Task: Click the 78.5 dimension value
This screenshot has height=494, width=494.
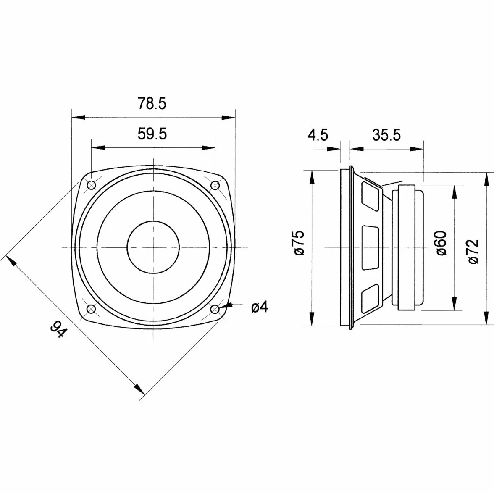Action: tap(152, 103)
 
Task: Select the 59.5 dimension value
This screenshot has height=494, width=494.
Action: tap(152, 134)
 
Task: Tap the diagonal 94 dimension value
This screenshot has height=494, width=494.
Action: tap(59, 329)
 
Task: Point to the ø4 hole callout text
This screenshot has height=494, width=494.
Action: tap(260, 307)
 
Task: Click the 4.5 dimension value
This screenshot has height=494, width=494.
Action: tap(318, 135)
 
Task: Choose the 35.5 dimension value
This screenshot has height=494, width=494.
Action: tap(386, 135)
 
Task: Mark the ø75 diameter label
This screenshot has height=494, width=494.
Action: tap(300, 243)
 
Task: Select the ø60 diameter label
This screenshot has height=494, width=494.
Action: tap(441, 243)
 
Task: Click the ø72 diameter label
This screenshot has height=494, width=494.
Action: tap(473, 251)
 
